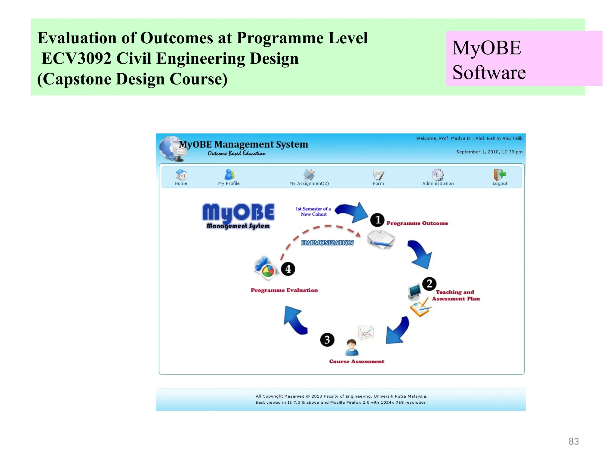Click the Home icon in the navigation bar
(x=181, y=175)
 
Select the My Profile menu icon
(x=229, y=174)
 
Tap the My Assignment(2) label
(x=309, y=183)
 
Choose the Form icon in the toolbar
(x=378, y=175)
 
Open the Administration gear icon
(x=438, y=175)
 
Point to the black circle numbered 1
(x=377, y=220)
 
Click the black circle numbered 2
(x=429, y=284)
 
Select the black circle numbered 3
(x=327, y=340)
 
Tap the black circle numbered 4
(x=288, y=269)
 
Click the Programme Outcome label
(x=417, y=223)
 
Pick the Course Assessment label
(x=357, y=362)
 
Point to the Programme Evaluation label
(x=284, y=290)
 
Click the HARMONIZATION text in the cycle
(x=327, y=243)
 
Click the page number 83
(x=574, y=441)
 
